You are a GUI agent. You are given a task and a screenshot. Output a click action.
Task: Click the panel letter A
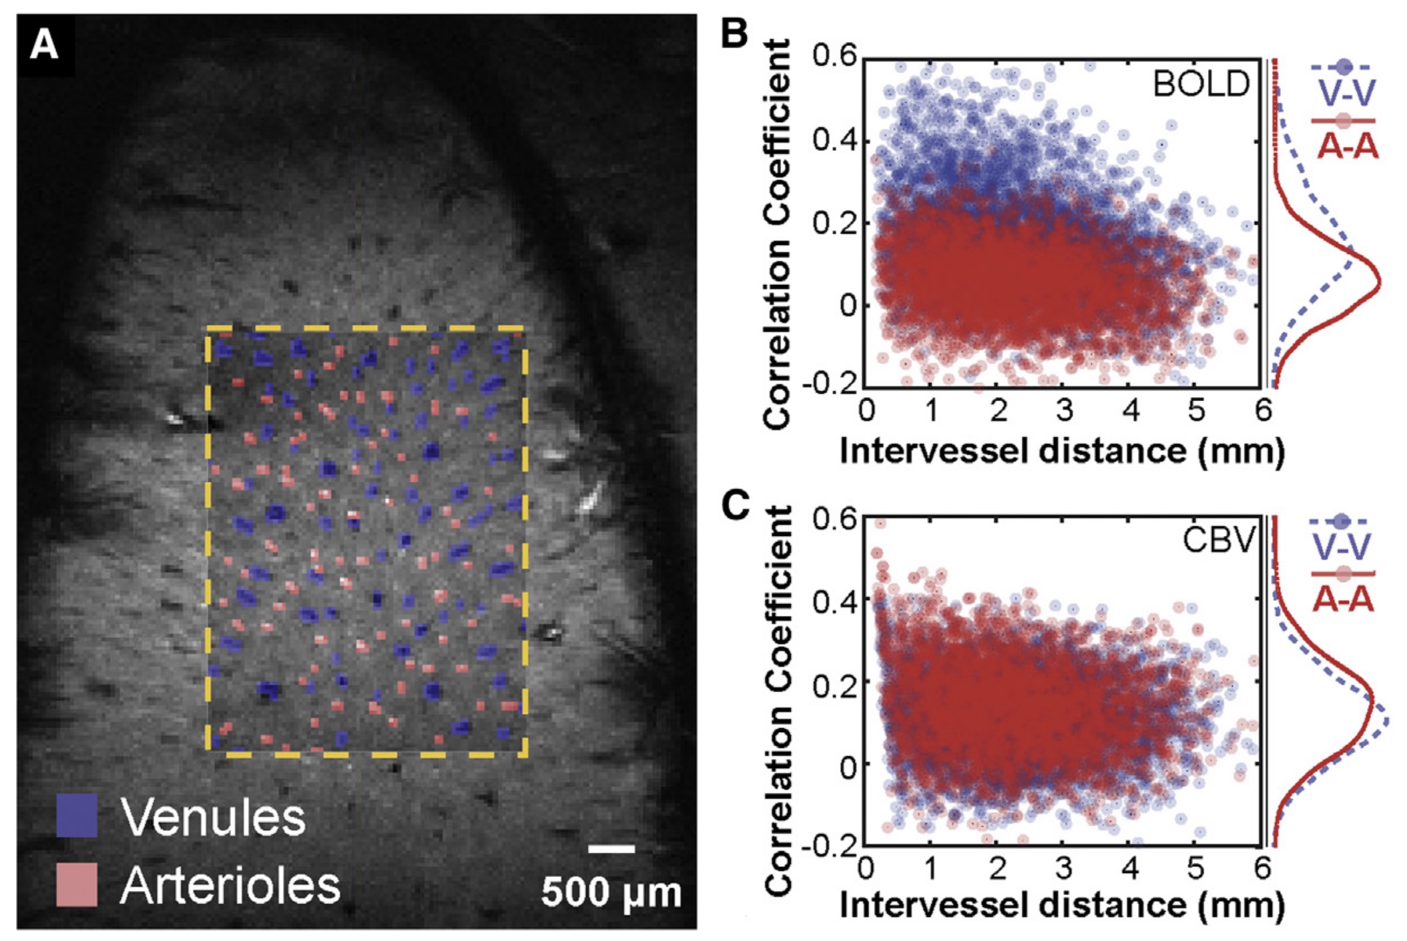[x=44, y=46]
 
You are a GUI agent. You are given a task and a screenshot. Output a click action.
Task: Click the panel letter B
[x=735, y=32]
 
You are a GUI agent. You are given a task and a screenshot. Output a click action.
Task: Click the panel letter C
[x=736, y=505]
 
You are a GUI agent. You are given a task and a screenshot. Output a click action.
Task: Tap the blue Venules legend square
[x=77, y=816]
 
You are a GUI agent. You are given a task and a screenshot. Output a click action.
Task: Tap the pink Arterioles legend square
[x=77, y=885]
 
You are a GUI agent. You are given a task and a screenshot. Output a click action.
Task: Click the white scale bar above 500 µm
[x=611, y=849]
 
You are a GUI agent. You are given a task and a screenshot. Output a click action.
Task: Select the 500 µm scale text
[x=611, y=892]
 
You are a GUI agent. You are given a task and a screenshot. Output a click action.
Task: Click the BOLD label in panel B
[x=1201, y=84]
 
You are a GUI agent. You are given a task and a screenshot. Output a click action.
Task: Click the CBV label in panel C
[x=1219, y=539]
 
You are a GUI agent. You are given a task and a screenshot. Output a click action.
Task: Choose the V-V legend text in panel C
[x=1342, y=547]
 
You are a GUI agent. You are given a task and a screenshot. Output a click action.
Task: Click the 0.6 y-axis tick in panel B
[x=834, y=56]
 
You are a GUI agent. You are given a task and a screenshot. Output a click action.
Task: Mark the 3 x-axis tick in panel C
[x=1064, y=868]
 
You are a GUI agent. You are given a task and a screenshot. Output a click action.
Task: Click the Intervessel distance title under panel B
[x=1061, y=451]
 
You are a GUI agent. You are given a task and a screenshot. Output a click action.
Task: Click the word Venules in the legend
[x=213, y=816]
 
